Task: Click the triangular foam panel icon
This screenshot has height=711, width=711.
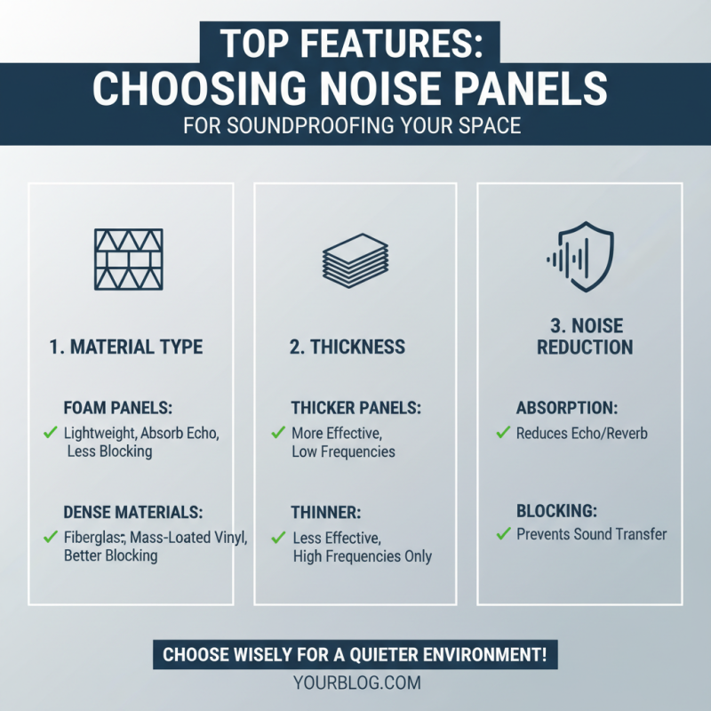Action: pos(131,258)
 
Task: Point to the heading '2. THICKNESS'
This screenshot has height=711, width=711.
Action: pos(348,346)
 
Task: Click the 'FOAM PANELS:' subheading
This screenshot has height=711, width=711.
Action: pos(117,408)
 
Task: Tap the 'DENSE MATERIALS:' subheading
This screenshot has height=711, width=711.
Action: pos(133,513)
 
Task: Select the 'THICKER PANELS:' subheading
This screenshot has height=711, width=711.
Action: pos(356,408)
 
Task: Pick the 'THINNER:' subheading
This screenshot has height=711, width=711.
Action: pos(324,513)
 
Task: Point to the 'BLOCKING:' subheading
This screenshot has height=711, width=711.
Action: pos(557,511)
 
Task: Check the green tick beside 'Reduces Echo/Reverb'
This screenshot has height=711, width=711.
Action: pos(504,434)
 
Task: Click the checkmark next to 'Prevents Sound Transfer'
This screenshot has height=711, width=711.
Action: pos(504,534)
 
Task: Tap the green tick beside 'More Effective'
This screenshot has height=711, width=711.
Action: pos(278,434)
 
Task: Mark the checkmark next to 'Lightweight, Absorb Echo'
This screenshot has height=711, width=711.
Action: pos(51,434)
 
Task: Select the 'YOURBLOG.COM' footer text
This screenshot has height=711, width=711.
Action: pos(355,683)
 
